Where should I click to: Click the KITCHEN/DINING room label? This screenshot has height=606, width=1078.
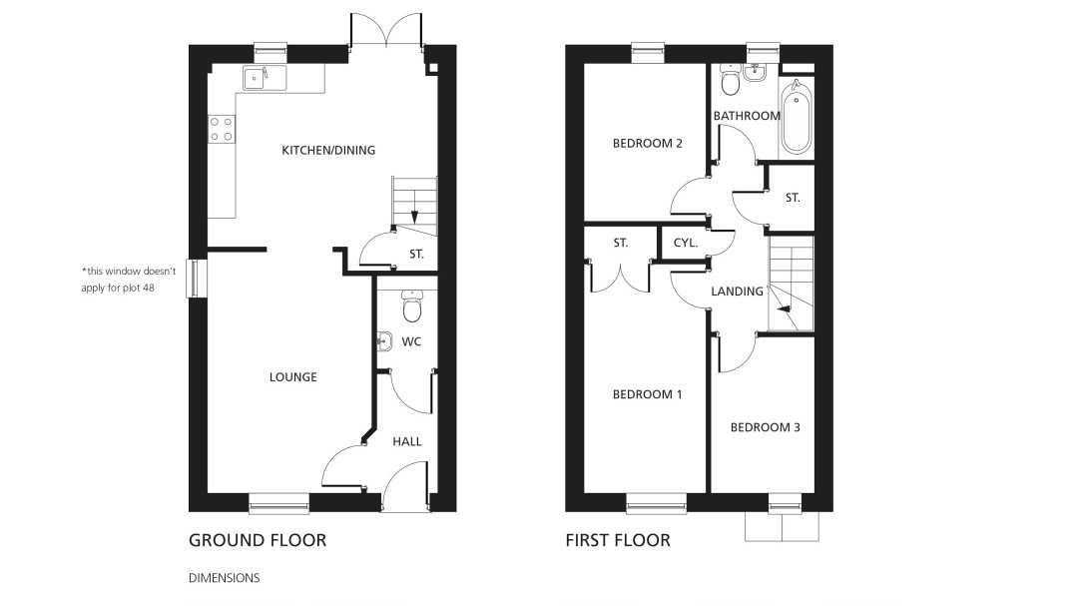[328, 150]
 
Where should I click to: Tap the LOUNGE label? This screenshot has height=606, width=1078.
[292, 377]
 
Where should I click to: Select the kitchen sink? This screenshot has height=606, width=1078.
[265, 79]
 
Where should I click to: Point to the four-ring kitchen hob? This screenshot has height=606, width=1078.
[222, 130]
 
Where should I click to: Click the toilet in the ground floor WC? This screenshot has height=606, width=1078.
[412, 306]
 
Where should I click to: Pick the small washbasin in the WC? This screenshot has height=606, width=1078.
[383, 340]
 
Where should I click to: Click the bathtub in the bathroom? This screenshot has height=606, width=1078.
[797, 116]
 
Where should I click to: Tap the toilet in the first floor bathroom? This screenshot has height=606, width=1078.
[730, 81]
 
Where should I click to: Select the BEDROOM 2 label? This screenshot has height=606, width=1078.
[648, 143]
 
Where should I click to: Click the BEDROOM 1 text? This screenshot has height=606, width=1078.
[648, 394]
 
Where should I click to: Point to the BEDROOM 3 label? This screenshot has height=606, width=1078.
[766, 427]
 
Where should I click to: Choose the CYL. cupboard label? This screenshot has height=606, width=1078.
[686, 243]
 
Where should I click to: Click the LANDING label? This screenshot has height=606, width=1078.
[737, 292]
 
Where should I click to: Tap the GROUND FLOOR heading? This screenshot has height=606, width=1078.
[258, 541]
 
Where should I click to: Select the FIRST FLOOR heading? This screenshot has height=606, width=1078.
[618, 541]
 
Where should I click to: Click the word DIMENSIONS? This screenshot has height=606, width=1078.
[225, 578]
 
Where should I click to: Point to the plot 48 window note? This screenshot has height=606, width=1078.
[129, 280]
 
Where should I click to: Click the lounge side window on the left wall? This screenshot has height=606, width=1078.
[196, 278]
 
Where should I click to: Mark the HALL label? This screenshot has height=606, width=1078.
[407, 441]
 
